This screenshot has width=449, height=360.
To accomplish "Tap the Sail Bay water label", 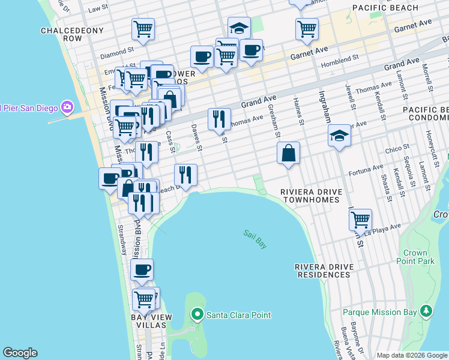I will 255,239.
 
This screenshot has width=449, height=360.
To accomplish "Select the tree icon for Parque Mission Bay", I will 426,311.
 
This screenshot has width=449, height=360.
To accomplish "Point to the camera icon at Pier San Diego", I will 67,107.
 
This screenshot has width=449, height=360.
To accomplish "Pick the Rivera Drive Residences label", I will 322,270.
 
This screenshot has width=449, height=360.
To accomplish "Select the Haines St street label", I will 298,113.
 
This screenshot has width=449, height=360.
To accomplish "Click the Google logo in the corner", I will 20,353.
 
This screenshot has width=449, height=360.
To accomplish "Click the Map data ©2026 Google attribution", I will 411,355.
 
